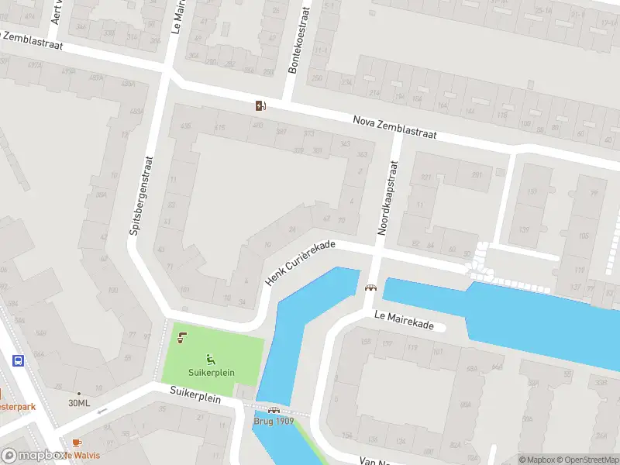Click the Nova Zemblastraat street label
click(394, 127)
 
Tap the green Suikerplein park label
click(210, 370)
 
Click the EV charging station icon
click(261, 105)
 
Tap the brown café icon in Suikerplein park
click(181, 338)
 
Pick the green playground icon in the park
click(210, 359)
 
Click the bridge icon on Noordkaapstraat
click(370, 288)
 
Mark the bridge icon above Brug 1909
click(273, 411)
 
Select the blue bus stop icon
click(18, 360)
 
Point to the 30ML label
click(79, 403)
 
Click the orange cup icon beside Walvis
click(76, 443)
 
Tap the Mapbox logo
click(33, 456)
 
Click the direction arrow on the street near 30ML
click(103, 410)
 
